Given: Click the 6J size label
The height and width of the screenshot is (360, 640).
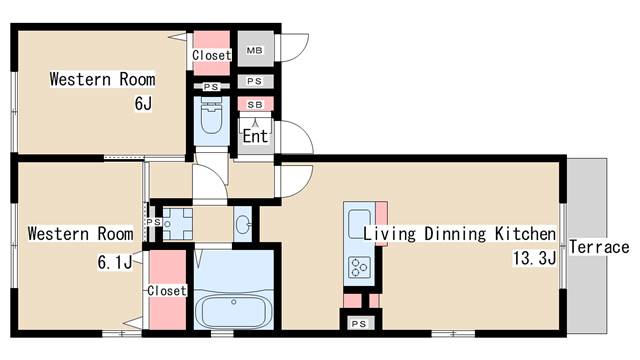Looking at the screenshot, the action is (x=143, y=103).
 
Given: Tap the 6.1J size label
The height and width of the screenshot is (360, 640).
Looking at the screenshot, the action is (x=115, y=262).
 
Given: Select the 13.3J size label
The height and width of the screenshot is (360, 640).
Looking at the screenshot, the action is (x=535, y=258).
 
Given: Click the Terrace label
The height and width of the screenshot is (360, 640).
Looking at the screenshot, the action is (x=599, y=247).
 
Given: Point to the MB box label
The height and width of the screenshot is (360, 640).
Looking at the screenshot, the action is (x=255, y=50).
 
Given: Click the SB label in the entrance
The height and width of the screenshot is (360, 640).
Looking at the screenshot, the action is (x=255, y=105).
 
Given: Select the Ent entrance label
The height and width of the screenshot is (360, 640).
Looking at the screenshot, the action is (x=255, y=136).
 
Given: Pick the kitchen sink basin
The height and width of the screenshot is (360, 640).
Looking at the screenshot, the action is (x=359, y=224).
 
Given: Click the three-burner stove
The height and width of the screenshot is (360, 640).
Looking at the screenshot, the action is (x=359, y=267).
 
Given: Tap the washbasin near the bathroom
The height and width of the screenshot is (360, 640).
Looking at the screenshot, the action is (x=243, y=224).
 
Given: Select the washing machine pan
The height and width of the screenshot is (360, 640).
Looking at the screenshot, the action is (x=178, y=224).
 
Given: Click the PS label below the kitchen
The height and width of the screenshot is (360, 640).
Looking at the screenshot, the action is (x=359, y=324).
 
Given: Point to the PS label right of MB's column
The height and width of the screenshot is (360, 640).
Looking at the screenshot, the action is (x=255, y=81).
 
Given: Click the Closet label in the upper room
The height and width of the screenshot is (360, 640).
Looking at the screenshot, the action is (x=212, y=55).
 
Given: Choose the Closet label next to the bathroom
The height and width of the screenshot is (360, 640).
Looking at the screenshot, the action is (x=167, y=291).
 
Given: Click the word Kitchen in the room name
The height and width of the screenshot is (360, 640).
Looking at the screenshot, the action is (x=525, y=234).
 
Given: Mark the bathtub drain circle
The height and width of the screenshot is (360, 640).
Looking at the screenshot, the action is (x=233, y=302).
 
